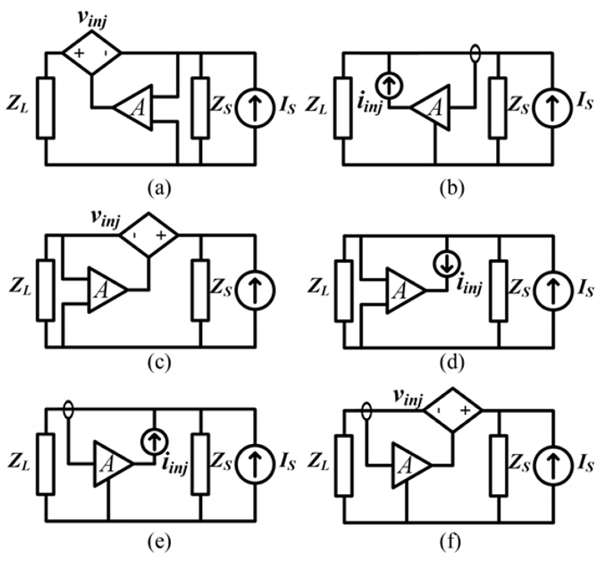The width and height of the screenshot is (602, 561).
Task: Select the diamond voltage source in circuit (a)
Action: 92,53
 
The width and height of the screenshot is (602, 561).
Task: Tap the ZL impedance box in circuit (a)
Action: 46,108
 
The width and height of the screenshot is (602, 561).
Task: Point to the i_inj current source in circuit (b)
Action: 390,86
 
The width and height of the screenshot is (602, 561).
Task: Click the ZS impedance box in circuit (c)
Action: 201,290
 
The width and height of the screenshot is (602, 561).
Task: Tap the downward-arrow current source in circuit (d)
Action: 447,264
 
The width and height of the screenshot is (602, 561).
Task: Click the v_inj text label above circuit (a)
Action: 92,20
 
